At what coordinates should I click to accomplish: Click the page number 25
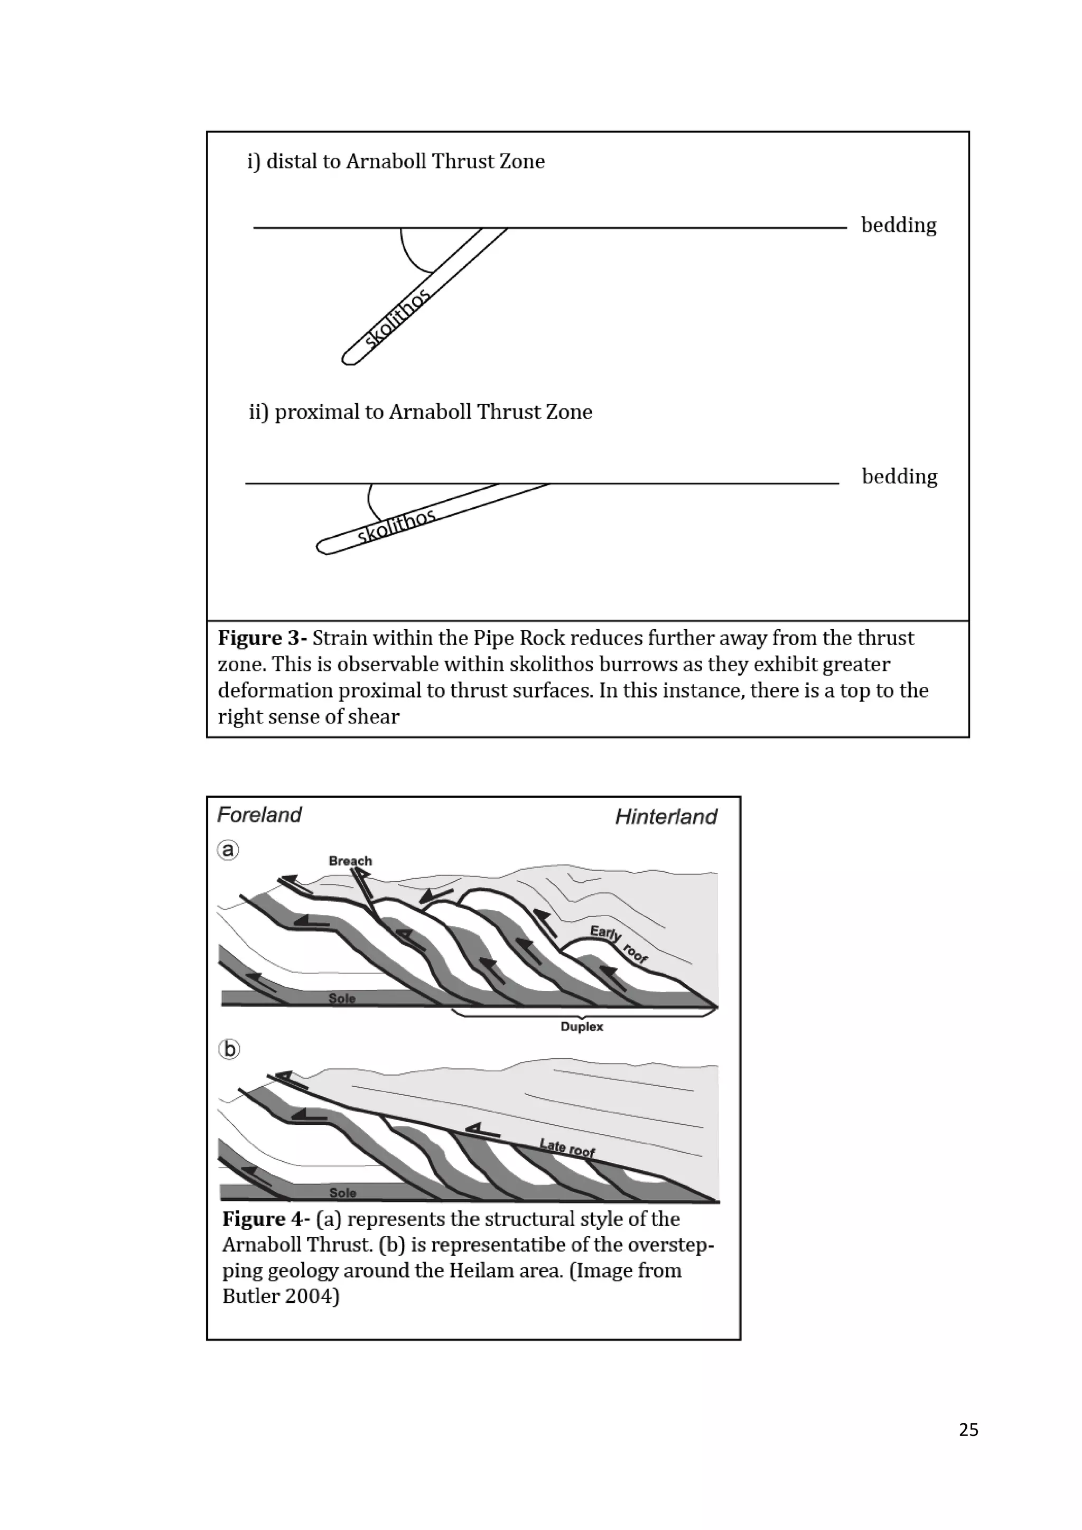click(x=968, y=1430)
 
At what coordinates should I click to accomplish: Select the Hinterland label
click(x=666, y=817)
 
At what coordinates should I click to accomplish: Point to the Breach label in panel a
click(x=350, y=861)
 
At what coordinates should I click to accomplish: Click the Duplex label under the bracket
click(x=582, y=1027)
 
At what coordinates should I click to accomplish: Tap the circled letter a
click(x=228, y=850)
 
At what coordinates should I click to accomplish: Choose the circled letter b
click(x=229, y=1050)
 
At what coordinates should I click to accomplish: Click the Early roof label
click(x=618, y=943)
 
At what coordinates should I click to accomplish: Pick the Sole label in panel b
click(x=342, y=1192)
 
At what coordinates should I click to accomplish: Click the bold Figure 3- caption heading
click(x=263, y=638)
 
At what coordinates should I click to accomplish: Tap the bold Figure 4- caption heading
click(x=266, y=1219)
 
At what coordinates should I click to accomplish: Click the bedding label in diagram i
click(x=898, y=225)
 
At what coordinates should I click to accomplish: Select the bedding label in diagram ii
click(x=899, y=477)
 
